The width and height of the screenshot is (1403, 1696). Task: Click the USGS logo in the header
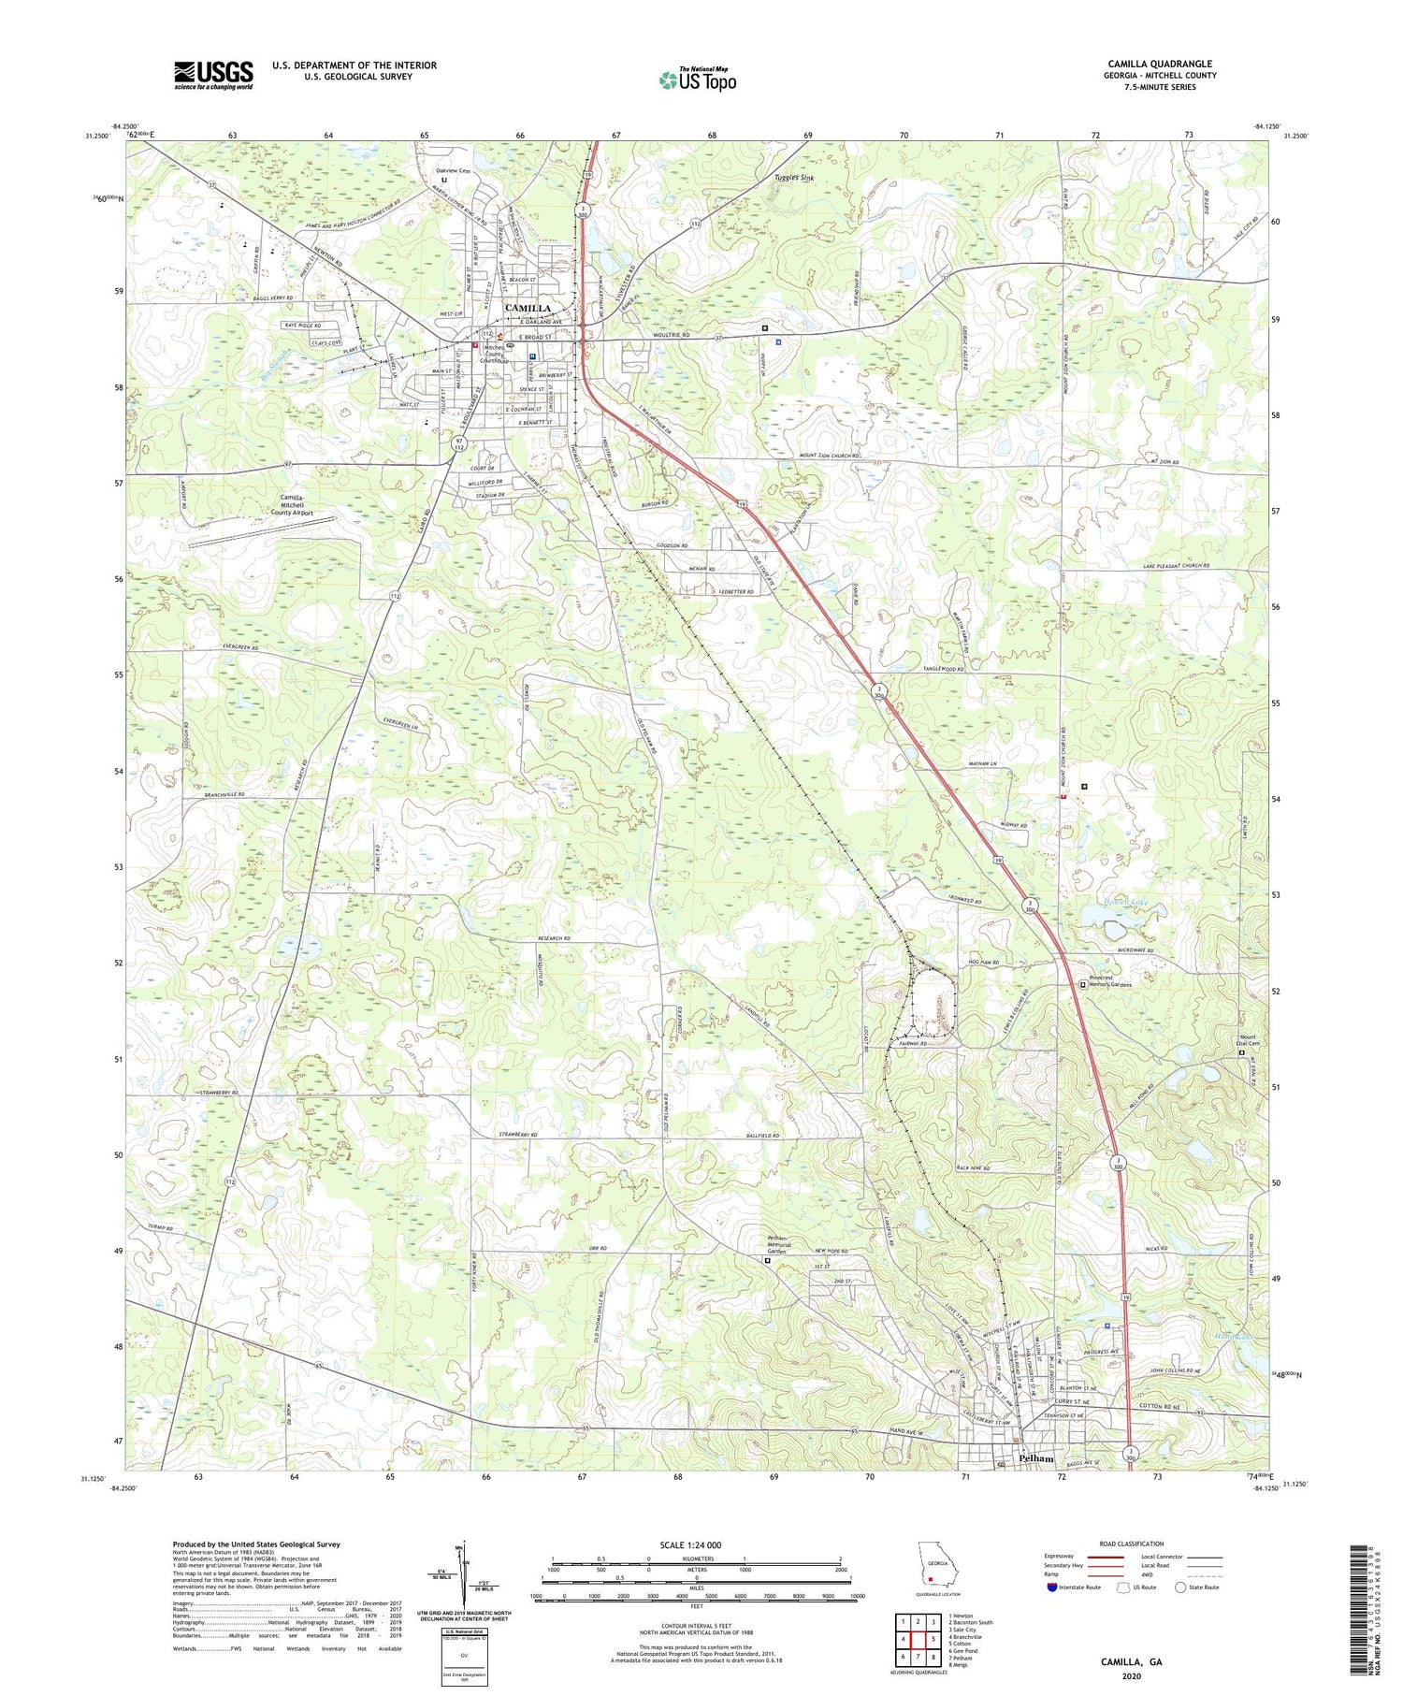click(213, 75)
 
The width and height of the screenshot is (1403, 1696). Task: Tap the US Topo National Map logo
click(697, 80)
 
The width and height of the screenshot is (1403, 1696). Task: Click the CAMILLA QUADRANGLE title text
click(1159, 64)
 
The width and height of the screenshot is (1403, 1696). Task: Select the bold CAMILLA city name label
click(528, 308)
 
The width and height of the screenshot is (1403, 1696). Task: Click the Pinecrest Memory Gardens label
click(1111, 984)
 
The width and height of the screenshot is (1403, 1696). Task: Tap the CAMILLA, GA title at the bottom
click(1131, 1661)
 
